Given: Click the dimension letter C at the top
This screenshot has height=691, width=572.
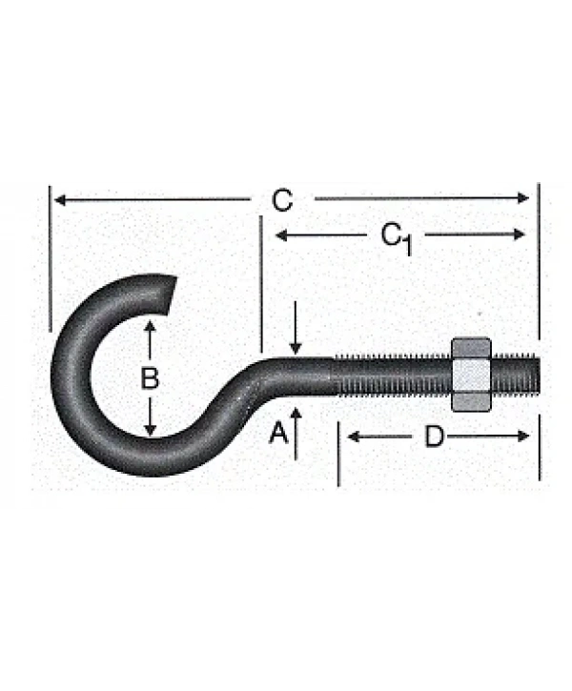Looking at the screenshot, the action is [x=282, y=200].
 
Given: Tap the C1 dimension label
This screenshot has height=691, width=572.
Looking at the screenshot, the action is [x=397, y=239].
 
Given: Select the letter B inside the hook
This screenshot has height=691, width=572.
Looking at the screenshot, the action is [x=150, y=378].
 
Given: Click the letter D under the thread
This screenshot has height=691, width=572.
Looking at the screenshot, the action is [x=434, y=437].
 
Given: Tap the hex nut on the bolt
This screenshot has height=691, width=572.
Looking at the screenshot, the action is [x=471, y=375].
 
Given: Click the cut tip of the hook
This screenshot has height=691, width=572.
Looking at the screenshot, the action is [x=171, y=295].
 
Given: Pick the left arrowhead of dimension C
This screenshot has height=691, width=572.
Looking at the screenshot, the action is [x=60, y=200].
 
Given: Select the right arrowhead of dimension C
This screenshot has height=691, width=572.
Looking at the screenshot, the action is [x=523, y=198].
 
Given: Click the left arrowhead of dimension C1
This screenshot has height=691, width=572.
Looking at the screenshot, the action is [x=281, y=234].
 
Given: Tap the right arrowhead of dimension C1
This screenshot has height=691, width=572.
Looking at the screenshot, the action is [x=520, y=234].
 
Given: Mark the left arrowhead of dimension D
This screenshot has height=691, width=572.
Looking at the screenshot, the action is [x=354, y=437].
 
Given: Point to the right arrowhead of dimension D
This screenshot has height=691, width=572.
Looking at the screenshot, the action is [x=523, y=437].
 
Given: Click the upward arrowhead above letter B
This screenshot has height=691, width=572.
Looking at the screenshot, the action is [x=150, y=327].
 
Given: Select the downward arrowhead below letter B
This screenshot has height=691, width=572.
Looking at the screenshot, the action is [x=151, y=430].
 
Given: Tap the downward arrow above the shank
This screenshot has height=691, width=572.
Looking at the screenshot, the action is [x=296, y=328].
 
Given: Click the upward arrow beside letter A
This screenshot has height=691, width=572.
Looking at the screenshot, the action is [x=296, y=434].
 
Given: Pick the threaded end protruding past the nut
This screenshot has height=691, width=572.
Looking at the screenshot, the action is [x=516, y=375].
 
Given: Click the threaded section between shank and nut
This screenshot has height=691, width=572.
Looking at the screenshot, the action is [x=392, y=376].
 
